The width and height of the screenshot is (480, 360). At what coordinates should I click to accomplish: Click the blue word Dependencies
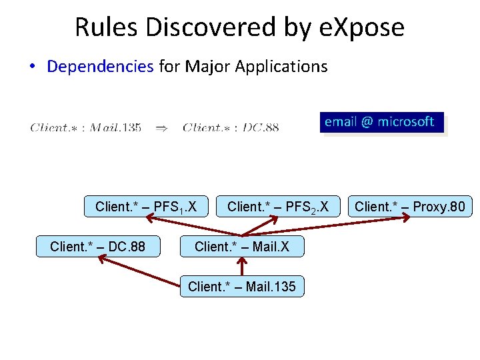[100, 67]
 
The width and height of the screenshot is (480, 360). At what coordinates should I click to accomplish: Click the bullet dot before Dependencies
[32, 67]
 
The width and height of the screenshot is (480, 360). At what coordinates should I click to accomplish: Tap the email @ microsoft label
[379, 122]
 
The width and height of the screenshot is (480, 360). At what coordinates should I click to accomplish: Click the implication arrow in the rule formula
[161, 127]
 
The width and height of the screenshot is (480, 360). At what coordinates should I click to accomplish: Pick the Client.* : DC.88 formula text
[231, 127]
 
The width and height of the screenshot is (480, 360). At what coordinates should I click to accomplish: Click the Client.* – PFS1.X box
[146, 207]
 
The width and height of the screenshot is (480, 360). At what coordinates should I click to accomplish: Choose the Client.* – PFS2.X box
[278, 207]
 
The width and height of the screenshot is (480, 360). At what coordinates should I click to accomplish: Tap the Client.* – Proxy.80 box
[410, 207]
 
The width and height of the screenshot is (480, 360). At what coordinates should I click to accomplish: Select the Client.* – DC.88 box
[97, 247]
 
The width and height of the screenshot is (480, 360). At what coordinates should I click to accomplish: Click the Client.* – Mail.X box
[242, 247]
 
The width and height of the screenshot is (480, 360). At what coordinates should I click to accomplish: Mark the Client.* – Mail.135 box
[242, 287]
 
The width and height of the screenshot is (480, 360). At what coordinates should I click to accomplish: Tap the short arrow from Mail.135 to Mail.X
[243, 267]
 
